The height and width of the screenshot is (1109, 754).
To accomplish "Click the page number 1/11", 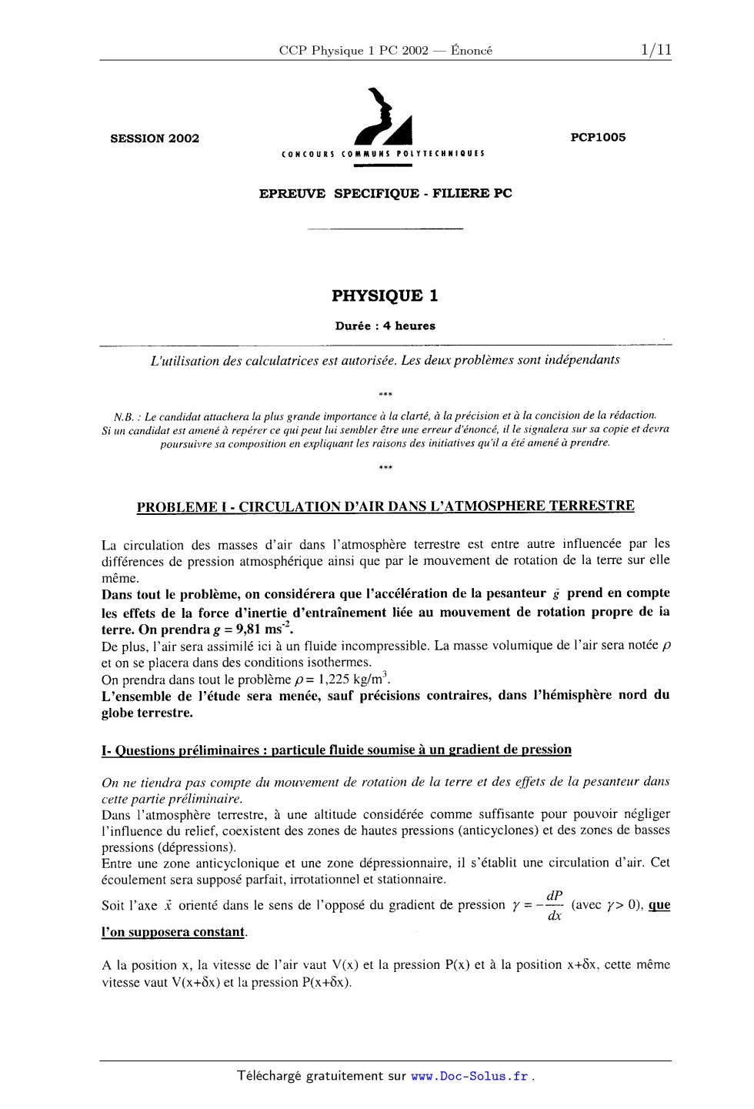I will pyautogui.click(x=655, y=50).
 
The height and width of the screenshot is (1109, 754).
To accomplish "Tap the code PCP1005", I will pyautogui.click(x=598, y=137).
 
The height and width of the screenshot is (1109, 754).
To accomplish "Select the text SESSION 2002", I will pyautogui.click(x=155, y=139).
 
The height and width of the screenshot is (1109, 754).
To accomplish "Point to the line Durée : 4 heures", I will pyautogui.click(x=385, y=326).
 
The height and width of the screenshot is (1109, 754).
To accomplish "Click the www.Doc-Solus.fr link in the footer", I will pyautogui.click(x=470, y=1076).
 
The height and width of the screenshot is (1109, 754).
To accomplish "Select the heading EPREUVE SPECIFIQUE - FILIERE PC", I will pyautogui.click(x=385, y=193).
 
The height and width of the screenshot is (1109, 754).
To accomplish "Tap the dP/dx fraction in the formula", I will pyautogui.click(x=554, y=906).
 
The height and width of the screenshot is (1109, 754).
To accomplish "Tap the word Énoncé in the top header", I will pyautogui.click(x=472, y=51).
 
